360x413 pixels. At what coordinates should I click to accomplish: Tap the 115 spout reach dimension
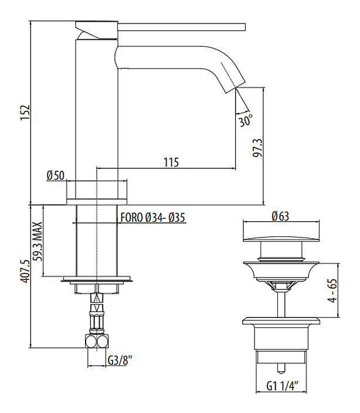171,162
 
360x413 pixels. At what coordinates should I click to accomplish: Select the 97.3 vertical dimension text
256,149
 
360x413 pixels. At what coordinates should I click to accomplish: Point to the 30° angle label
246,121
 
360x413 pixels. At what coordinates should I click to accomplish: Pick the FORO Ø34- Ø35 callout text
152,217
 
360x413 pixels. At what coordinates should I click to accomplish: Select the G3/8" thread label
120,361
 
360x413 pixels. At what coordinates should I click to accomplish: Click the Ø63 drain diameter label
280,216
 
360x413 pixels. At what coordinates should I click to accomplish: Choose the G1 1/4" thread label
283,386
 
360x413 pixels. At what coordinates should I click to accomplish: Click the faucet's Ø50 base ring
97,192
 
